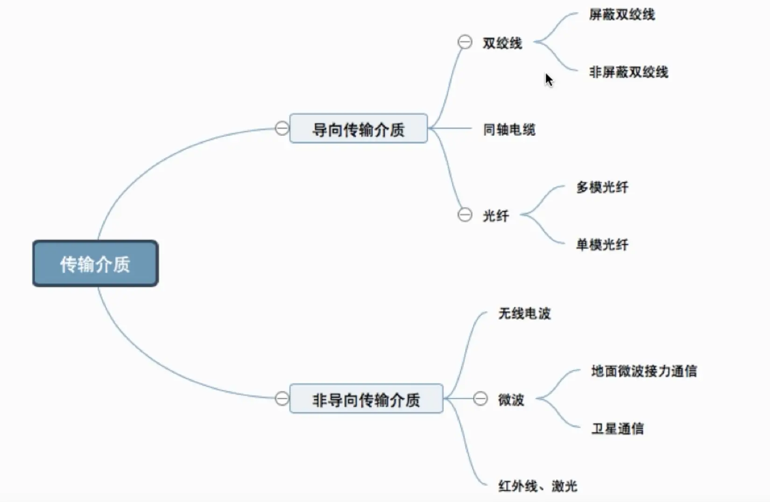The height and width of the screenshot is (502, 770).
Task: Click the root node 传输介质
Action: coord(95,263)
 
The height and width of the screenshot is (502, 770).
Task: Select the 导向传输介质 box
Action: coord(358,128)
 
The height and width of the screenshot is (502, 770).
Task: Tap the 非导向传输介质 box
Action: coord(366,399)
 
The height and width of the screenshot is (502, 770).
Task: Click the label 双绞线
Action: coord(502,43)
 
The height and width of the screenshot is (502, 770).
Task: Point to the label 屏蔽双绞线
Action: coord(622,14)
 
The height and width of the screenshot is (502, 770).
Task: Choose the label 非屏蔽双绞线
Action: coord(628,72)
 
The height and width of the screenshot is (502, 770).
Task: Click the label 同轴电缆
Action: coord(509,129)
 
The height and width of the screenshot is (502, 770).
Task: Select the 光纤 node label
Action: coord(495,215)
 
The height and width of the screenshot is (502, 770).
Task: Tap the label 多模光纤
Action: coord(602,187)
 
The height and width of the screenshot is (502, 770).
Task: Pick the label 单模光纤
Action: coord(602,244)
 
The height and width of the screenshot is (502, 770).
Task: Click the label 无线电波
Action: coord(524,313)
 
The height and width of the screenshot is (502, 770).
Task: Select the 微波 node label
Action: coord(511,399)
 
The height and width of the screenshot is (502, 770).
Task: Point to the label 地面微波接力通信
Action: coord(643,371)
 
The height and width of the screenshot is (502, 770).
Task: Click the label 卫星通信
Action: coord(617,428)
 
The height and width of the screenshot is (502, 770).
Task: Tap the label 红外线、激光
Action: coord(537,486)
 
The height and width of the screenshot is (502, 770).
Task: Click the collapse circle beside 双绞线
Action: coord(465,42)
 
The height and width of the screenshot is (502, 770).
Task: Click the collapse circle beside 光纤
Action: coord(465,215)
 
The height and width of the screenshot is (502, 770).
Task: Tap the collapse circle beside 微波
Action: coord(480,398)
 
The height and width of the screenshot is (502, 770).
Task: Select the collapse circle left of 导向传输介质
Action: coord(282,128)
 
